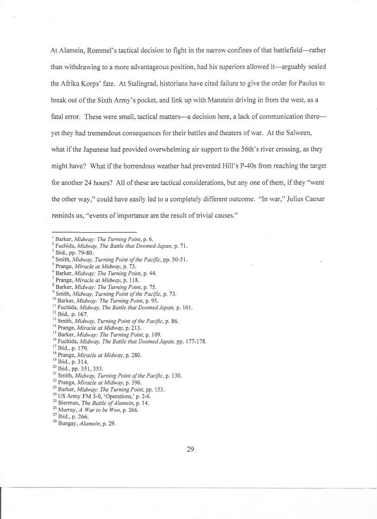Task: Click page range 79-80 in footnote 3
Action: click(x=86, y=253)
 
